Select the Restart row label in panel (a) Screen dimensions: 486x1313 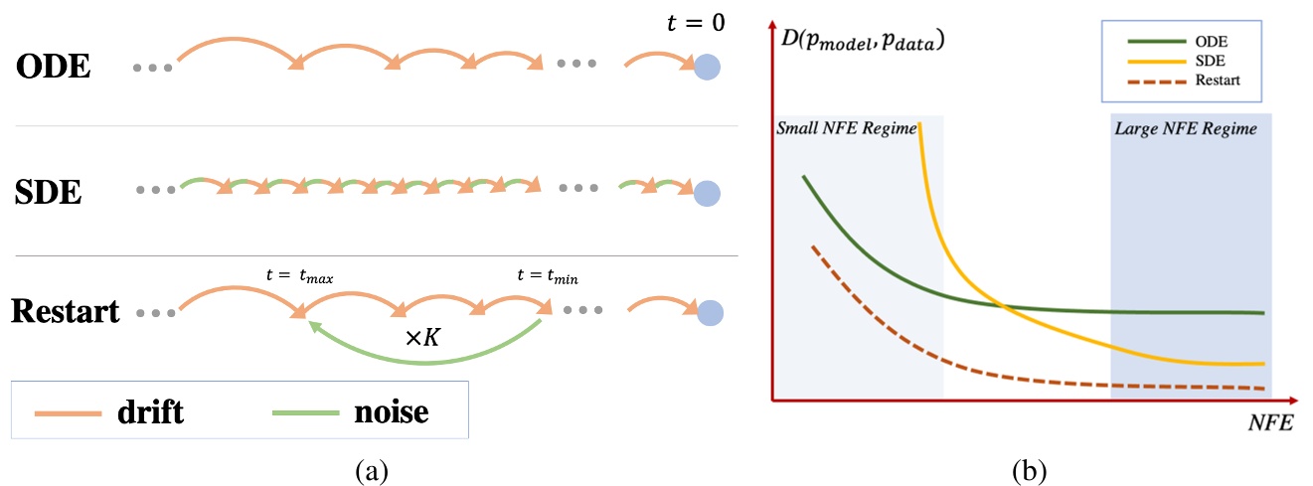[66, 311]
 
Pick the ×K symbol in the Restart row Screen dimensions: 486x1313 [423, 337]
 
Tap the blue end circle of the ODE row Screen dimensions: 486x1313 [707, 68]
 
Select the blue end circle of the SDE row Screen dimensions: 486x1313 [707, 192]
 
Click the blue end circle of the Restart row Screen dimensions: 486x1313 [709, 314]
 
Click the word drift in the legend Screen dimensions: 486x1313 [150, 410]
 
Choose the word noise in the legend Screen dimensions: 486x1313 [391, 410]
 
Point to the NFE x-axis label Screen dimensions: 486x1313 [1269, 423]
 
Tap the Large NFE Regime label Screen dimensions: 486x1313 [1186, 128]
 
